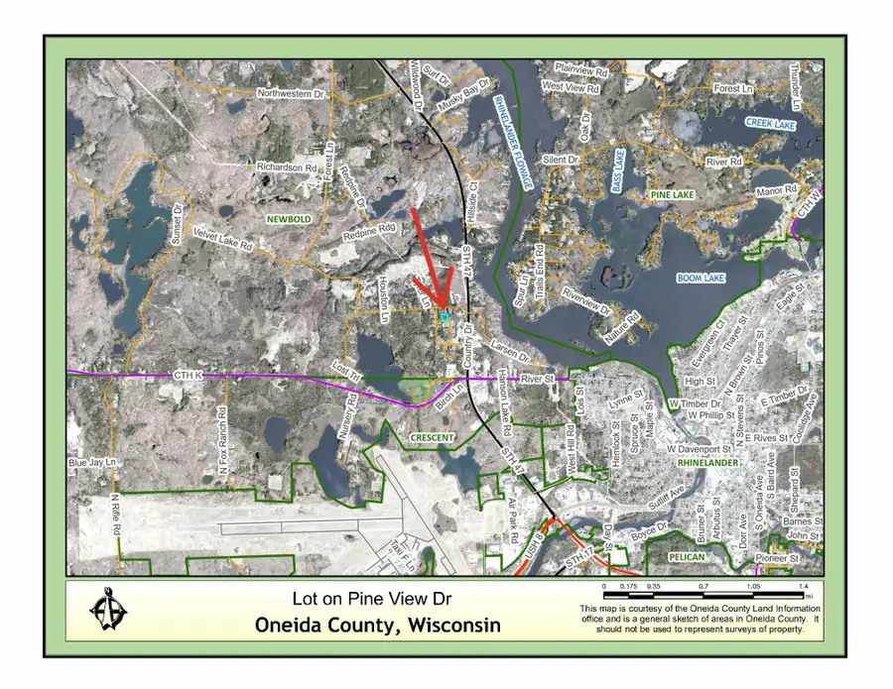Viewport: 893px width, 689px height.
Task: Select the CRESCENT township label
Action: coord(433,437)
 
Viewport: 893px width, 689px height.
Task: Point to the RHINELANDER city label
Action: coord(709,463)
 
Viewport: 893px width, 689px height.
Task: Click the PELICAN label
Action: coord(687,558)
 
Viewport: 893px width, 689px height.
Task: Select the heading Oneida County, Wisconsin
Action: coord(378,626)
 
